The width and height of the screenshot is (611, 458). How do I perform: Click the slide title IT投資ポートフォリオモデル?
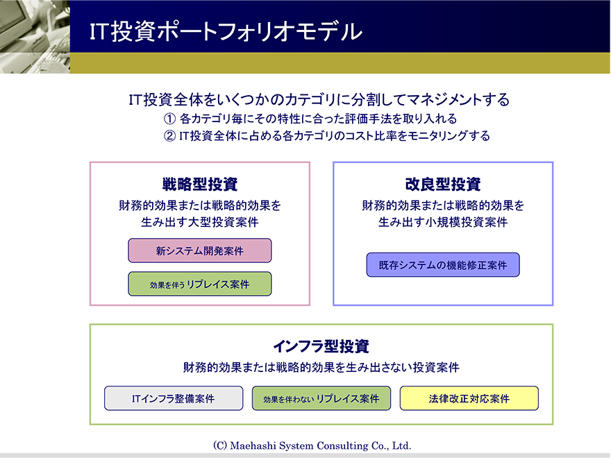(226, 31)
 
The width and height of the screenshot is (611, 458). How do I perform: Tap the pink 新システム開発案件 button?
(200, 251)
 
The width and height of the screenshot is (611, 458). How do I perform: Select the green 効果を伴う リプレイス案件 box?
(200, 284)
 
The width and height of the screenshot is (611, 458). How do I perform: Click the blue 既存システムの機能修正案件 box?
(443, 265)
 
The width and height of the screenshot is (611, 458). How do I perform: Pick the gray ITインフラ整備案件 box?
(174, 398)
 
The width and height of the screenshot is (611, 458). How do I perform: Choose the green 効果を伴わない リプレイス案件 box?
(321, 398)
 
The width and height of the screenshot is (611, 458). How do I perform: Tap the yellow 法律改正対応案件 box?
(469, 398)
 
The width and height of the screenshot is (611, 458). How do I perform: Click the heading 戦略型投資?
(200, 184)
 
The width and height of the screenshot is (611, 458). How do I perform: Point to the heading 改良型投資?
(443, 184)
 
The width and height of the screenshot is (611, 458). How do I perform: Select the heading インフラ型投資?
(321, 346)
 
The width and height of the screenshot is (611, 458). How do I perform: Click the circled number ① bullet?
(169, 119)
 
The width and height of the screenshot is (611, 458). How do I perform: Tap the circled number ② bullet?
(169, 136)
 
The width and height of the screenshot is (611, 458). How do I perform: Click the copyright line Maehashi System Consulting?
(312, 446)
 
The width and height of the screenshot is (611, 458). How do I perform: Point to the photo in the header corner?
(35, 37)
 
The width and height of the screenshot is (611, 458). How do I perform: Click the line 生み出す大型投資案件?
(200, 222)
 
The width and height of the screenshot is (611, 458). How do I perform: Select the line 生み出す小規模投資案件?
(443, 222)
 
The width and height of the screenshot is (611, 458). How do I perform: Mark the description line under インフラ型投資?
(321, 367)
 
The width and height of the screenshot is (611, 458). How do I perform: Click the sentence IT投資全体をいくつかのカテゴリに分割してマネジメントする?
(319, 100)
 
